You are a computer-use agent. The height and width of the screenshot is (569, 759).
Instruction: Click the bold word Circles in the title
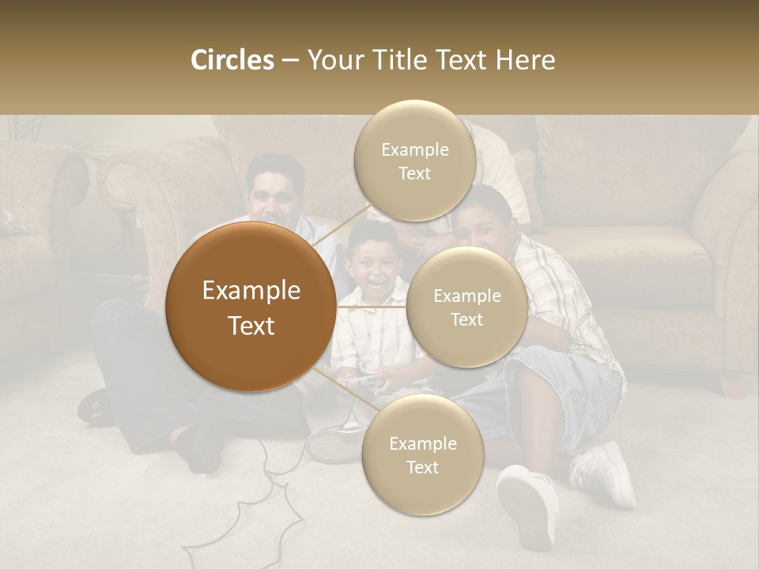(232, 60)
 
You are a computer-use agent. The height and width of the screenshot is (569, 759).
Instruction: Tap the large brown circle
(251, 307)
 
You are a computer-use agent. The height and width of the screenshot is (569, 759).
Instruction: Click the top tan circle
(414, 160)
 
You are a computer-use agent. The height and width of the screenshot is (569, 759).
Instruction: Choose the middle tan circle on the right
(466, 307)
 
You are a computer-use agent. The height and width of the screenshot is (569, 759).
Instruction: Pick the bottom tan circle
(422, 455)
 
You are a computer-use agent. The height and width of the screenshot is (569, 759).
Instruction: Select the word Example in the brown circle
(251, 291)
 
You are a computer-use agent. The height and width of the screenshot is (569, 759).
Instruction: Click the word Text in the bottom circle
(422, 467)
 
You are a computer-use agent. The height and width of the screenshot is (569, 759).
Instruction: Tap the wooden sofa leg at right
(729, 385)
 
